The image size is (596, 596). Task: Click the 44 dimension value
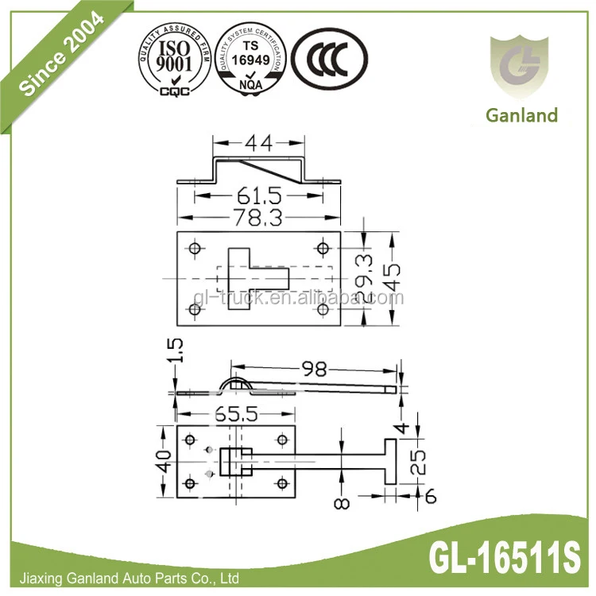click(257, 144)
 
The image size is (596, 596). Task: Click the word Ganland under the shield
click(521, 115)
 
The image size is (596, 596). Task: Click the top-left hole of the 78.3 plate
click(193, 248)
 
